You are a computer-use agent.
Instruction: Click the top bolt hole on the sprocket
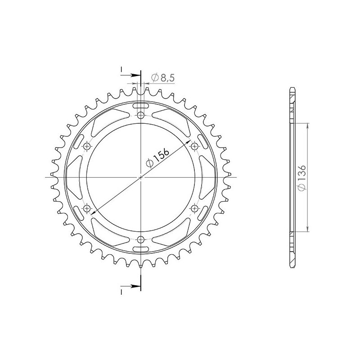(141, 116)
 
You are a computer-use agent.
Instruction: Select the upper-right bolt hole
(194, 146)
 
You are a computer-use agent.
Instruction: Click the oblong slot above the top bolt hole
(141, 105)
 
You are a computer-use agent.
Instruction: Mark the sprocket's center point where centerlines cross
(141, 177)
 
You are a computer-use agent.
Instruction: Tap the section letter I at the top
(121, 69)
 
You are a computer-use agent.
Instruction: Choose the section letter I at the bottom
(121, 292)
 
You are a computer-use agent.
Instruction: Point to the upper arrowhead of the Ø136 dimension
(307, 124)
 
